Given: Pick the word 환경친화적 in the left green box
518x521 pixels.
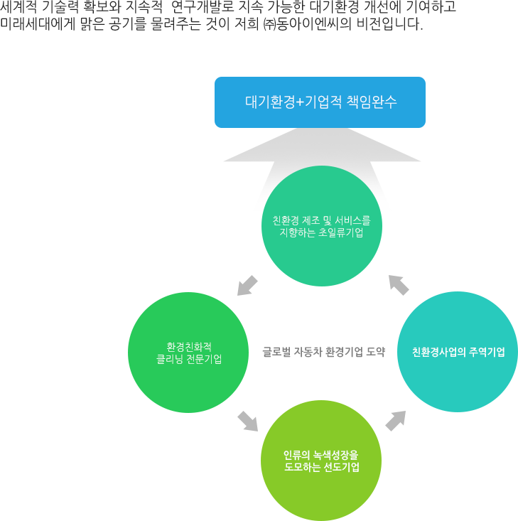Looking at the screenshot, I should click(188, 347).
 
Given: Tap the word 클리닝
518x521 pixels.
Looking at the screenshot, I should click(170, 359).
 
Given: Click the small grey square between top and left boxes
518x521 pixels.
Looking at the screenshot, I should click(247, 284).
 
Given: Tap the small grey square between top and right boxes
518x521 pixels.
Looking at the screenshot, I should click(399, 284).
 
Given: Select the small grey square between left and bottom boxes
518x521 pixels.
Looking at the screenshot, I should click(247, 421).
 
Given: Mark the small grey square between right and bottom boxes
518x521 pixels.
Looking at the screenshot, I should click(395, 421).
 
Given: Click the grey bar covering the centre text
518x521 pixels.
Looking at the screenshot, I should click(323, 351).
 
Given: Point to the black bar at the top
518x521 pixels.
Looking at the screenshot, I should click(231, 16).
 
